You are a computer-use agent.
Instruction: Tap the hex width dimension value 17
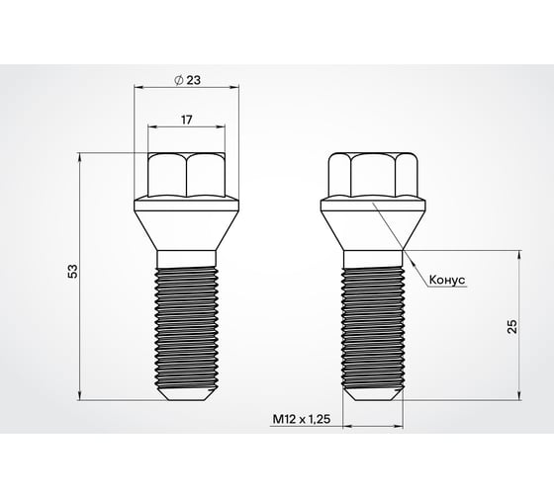(x=186, y=118)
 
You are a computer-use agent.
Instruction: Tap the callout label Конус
(x=446, y=280)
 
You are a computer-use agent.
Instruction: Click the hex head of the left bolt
(x=186, y=176)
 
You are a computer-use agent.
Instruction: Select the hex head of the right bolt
(x=373, y=176)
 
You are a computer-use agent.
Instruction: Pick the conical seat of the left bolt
(x=186, y=225)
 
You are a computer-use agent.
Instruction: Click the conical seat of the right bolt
(x=373, y=225)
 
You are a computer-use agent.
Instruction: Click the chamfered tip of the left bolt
(x=186, y=391)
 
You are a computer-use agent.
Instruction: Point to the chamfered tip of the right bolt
(x=373, y=391)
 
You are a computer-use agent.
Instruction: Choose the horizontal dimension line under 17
(x=186, y=127)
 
